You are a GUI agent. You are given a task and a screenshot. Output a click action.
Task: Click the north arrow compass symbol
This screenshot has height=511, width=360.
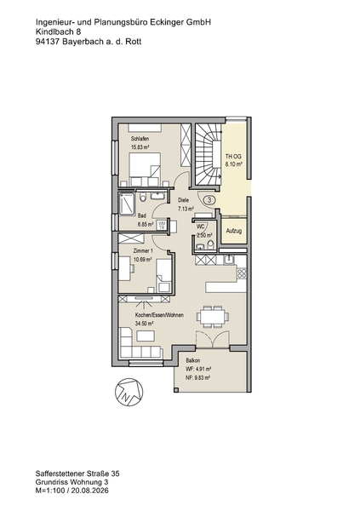tap(129, 392)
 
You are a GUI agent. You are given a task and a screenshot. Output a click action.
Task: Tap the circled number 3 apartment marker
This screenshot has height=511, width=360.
tap(209, 200)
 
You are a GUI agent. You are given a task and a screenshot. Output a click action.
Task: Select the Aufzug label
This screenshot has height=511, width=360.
tap(233, 231)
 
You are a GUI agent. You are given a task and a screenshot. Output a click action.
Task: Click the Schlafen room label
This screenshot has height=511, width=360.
tap(140, 139)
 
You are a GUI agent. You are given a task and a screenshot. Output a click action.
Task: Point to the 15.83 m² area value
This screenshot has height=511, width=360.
tap(140, 147)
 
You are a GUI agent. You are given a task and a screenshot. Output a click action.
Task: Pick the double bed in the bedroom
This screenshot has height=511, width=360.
tap(145, 169)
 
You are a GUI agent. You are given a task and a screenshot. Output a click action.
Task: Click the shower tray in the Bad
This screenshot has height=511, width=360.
tap(127, 204)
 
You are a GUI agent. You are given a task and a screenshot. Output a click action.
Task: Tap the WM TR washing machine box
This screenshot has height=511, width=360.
tap(161, 225)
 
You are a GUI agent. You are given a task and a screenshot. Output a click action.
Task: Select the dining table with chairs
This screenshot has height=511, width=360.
tap(213, 316)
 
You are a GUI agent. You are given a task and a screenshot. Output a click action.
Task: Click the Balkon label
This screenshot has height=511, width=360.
tap(193, 361)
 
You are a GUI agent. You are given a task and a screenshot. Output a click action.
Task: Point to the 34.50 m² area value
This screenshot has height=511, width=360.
tap(145, 324)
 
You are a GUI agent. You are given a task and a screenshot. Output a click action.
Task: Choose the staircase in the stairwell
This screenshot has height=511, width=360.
tap(208, 154)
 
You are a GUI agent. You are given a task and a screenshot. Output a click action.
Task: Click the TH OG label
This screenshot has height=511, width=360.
tap(233, 157)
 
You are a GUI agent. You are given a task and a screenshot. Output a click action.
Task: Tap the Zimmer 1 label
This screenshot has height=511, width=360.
tap(143, 251)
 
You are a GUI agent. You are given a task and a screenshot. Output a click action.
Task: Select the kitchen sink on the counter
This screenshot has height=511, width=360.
tap(230, 259)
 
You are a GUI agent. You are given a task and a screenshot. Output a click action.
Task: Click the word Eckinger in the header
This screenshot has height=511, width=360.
tap(167, 22)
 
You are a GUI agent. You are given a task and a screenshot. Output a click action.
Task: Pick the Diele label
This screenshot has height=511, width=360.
tap(183, 200)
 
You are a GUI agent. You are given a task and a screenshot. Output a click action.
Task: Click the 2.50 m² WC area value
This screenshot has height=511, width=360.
tap(204, 235)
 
